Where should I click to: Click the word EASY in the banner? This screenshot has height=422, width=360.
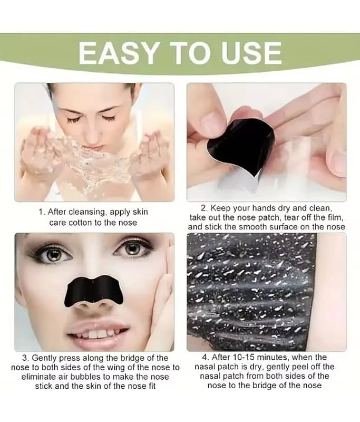tap(117, 53)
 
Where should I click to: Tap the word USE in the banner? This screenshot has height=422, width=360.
tap(252, 53)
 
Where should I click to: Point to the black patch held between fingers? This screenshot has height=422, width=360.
tap(241, 148)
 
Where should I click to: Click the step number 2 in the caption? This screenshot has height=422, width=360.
tap(203, 208)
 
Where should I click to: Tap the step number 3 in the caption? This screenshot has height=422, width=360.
tap(25, 358)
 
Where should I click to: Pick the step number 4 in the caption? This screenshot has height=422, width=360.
tap(205, 358)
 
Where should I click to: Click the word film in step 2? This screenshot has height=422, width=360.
tap(336, 217)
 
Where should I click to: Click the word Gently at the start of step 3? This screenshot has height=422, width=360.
tap(44, 359)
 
